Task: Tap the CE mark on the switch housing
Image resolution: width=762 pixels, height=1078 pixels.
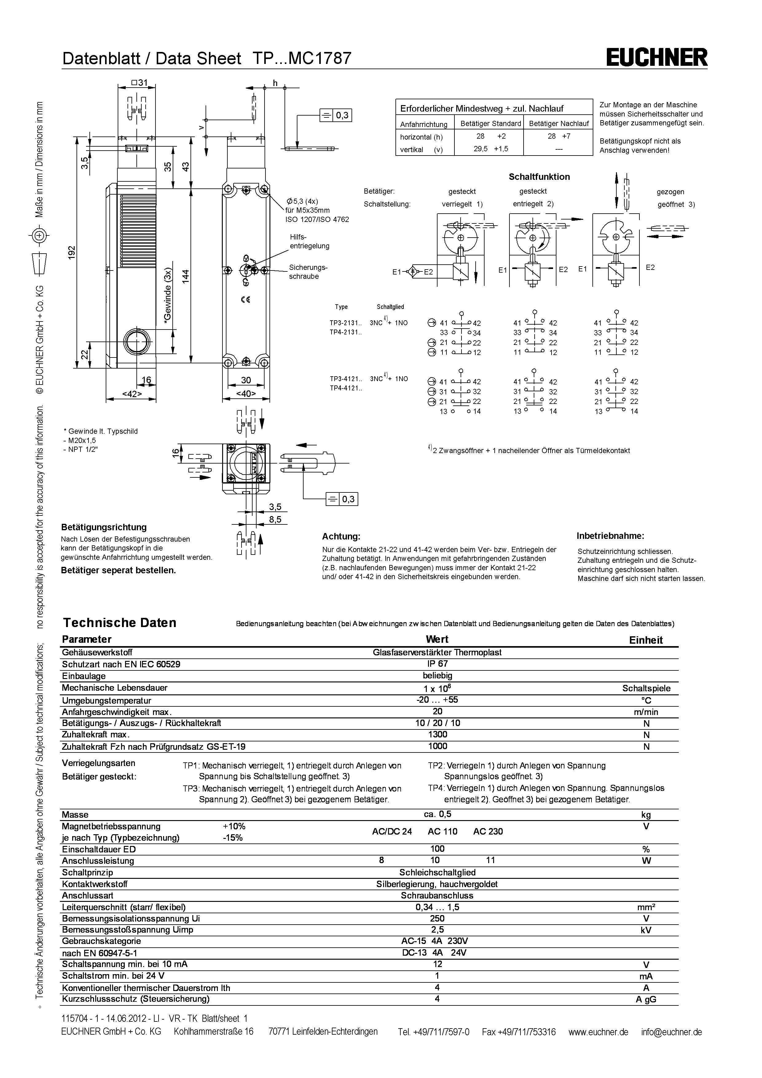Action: coord(245,300)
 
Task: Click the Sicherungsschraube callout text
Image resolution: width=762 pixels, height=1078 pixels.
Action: coord(308,272)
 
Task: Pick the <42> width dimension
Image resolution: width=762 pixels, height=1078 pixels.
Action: coord(132,394)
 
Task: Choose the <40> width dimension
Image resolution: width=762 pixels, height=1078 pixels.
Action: coord(246,394)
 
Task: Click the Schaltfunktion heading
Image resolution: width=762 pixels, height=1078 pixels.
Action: coord(539,177)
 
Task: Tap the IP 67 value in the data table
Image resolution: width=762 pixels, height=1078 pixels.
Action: coord(437,664)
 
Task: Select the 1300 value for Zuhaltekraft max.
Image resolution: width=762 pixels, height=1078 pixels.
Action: coord(437,734)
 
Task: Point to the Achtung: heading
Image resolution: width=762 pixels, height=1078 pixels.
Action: coord(341,537)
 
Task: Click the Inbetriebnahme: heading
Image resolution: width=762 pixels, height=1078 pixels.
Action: coord(610,536)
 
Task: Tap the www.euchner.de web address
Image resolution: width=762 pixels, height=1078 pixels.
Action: coord(598,1032)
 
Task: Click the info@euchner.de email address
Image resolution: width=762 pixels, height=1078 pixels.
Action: coord(671,1032)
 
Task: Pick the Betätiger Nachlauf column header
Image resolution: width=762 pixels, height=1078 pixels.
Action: coord(558,124)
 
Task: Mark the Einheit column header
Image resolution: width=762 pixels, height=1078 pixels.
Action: coord(646,640)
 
